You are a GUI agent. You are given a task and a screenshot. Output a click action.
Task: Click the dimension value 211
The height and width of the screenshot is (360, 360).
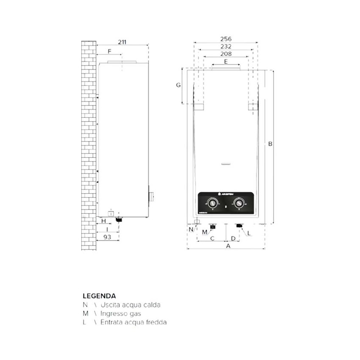(122, 42)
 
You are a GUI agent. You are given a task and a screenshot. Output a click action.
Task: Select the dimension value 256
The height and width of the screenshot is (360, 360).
(226, 39)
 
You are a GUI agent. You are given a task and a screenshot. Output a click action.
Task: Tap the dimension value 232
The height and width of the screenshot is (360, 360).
(226, 46)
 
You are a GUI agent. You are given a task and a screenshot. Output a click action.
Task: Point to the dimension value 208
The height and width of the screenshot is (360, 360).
(226, 54)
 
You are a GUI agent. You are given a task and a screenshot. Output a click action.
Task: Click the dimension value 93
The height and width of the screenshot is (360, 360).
(107, 237)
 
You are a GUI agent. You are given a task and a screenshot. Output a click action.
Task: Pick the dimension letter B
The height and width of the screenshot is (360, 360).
(270, 144)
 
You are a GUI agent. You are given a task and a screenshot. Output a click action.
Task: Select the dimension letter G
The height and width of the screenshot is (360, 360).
(178, 85)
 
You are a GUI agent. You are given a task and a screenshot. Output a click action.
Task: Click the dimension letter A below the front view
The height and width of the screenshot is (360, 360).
(228, 246)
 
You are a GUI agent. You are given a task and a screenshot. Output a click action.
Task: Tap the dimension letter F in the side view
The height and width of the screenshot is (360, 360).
(109, 51)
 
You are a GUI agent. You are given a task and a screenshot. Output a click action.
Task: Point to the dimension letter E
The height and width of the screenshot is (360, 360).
(226, 62)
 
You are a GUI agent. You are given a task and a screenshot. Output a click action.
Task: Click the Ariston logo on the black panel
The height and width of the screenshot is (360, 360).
(229, 194)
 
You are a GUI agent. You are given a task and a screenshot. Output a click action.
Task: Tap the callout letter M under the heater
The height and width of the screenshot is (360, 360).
(205, 232)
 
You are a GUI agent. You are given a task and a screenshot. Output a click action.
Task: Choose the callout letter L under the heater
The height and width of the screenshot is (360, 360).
(249, 233)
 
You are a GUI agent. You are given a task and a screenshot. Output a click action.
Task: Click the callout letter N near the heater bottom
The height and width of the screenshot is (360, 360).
(191, 229)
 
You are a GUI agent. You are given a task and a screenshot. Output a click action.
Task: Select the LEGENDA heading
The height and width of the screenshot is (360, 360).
(99, 296)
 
